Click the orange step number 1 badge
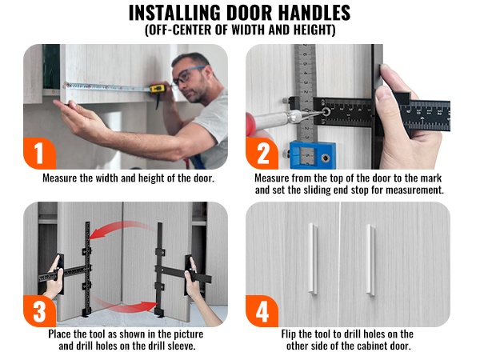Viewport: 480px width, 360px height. (39, 154)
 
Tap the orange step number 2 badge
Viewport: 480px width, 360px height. (262, 154)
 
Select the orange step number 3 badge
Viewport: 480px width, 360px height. (39, 311)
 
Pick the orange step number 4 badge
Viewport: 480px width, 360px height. (262, 311)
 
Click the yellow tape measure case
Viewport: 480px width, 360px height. (158, 89)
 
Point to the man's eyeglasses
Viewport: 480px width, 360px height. (186, 74)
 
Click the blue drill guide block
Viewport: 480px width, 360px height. (312, 154)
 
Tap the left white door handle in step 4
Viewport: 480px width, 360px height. (313, 259)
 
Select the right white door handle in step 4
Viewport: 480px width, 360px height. (370, 260)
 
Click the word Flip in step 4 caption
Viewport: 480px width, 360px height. (289, 334)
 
